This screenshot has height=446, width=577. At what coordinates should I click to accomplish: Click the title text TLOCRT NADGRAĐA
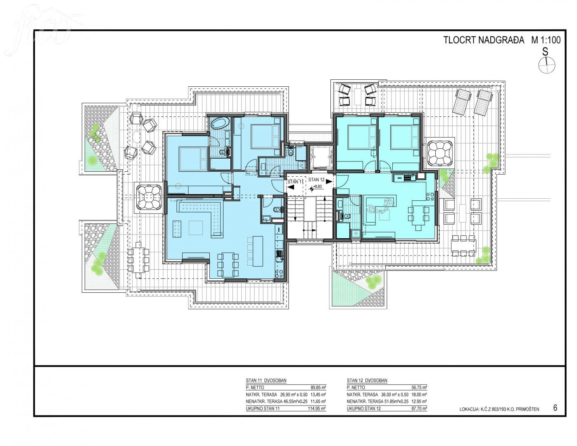coord(484,40)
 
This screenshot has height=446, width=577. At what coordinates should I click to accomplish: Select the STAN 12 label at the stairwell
coord(316,180)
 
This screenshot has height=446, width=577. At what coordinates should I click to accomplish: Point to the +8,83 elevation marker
coord(317,187)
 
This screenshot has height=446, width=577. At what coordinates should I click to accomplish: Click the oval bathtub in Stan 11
coord(221,124)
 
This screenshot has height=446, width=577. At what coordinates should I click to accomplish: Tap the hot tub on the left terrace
coord(148,197)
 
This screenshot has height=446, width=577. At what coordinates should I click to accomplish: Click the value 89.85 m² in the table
coord(318,387)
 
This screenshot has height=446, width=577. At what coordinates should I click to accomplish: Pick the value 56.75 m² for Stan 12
coord(420,387)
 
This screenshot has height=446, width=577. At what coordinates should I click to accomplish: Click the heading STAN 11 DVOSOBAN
coord(266,380)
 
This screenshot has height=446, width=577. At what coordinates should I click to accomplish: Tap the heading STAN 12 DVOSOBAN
coord(367,380)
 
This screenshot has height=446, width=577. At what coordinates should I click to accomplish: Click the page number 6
coord(555,408)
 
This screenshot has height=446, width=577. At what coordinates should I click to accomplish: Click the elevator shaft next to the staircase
coord(321,158)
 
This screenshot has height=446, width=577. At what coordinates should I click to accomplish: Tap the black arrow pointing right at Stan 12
coord(329,182)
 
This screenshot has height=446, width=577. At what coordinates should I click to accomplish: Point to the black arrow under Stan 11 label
coord(291,187)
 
